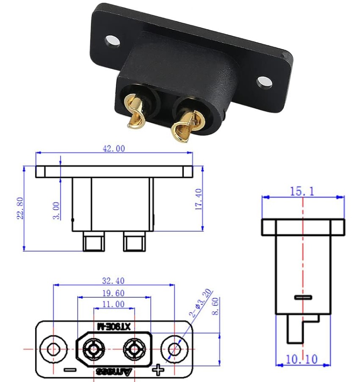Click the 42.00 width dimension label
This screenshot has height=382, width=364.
coord(114,148)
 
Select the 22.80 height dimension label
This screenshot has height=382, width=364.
coord(20,208)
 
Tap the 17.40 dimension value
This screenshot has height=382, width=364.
coord(199,199)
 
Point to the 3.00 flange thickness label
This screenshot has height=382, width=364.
coord(56,210)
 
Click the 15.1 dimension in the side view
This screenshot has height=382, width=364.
coord(302,191)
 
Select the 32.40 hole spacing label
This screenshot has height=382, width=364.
coord(113,281)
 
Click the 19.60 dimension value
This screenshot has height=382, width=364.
coord(113,293)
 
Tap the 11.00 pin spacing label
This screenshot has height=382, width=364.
coord(113,304)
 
